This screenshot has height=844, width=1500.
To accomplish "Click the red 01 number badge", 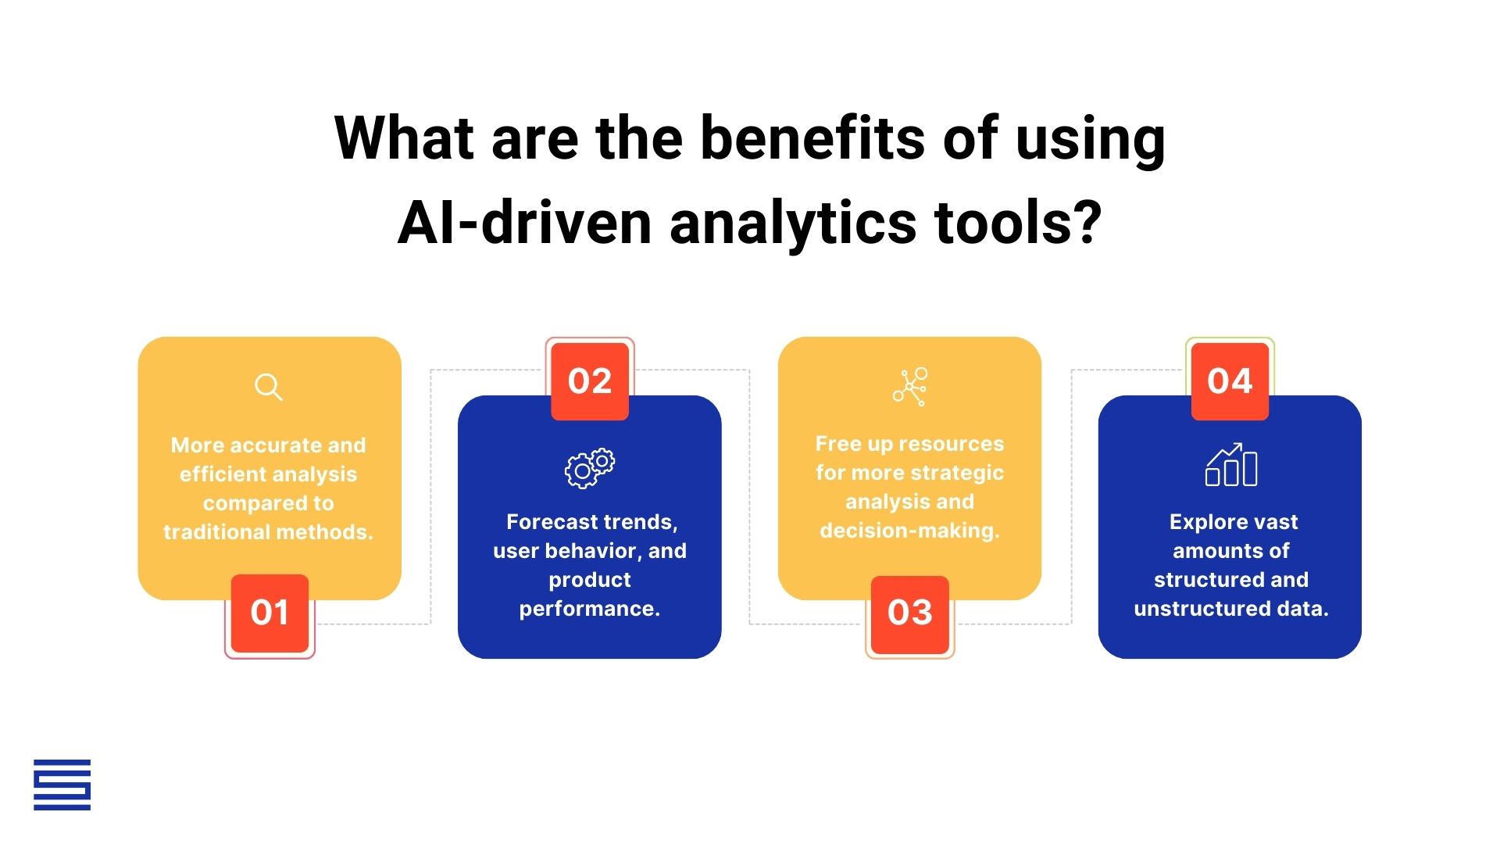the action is (x=270, y=613).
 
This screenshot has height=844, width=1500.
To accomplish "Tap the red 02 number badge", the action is (x=590, y=381).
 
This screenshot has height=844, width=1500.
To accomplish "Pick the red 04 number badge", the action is (x=1230, y=381).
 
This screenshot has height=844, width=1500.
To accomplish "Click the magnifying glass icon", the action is (x=268, y=387).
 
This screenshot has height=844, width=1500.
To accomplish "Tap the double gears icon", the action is (x=590, y=468).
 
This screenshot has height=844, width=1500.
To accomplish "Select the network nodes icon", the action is (x=910, y=386).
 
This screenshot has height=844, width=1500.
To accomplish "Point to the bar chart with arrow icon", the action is (x=1231, y=465).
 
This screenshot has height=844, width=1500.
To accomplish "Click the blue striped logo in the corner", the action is (x=62, y=785).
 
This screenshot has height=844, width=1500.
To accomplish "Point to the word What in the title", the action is (x=404, y=138).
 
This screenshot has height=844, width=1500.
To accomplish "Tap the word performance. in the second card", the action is (x=590, y=609).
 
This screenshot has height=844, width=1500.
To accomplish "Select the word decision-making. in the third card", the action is (x=910, y=531).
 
